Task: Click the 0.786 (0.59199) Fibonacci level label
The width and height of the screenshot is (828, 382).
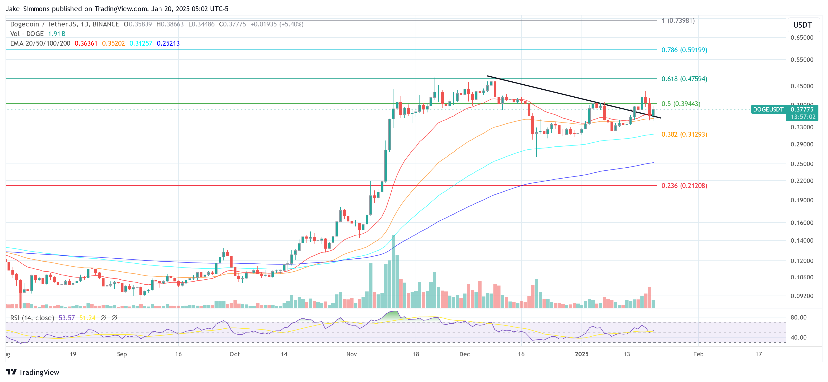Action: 684,50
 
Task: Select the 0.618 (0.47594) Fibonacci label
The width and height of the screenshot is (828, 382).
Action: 684,79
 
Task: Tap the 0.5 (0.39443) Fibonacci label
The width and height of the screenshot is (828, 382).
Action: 681,104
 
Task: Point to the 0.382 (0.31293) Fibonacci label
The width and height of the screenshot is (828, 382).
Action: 684,134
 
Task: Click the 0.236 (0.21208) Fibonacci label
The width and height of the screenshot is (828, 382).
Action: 684,186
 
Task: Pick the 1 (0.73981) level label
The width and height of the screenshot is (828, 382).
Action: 678,21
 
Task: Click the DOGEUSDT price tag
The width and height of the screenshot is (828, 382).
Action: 768,109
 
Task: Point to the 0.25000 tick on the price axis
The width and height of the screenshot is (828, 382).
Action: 802,164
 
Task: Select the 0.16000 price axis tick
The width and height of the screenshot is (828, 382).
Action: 802,223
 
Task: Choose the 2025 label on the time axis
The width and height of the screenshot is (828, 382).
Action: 582,354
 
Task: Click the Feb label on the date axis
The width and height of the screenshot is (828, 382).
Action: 698,354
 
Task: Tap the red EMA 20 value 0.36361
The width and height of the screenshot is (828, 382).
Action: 86,43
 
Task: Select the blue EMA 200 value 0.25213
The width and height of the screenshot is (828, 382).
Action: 168,43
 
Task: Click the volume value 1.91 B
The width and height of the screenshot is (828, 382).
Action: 57,34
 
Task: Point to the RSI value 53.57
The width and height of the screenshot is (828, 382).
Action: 67,318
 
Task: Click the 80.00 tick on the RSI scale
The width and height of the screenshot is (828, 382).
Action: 798,317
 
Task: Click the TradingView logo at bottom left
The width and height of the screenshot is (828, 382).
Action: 32,372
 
